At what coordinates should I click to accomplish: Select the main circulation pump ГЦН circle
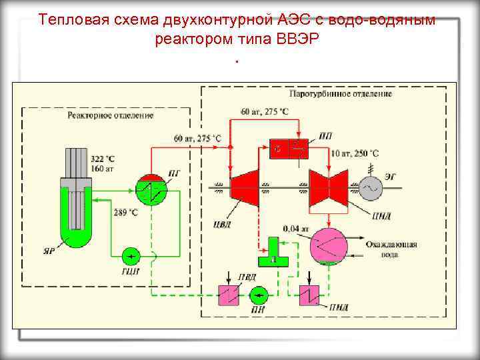(131, 256)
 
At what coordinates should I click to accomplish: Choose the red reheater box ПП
(287, 149)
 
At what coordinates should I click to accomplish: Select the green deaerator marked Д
(273, 251)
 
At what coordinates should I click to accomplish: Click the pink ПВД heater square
(230, 294)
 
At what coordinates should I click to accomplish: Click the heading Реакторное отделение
(110, 115)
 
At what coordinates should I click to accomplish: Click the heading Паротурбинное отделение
(351, 94)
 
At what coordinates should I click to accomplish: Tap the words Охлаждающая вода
(391, 249)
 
